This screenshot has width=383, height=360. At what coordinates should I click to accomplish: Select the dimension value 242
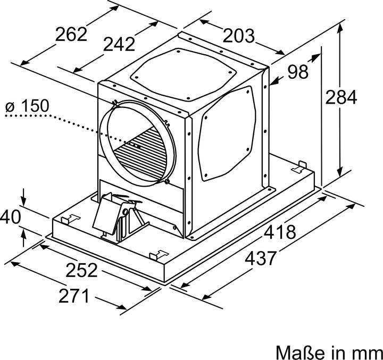(120, 45)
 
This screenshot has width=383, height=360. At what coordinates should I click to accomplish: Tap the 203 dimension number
(238, 36)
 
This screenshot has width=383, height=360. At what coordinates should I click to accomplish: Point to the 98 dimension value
(297, 72)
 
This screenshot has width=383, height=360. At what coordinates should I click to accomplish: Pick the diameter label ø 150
(27, 106)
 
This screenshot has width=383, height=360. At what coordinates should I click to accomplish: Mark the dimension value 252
(81, 270)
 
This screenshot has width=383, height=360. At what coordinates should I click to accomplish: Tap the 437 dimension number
(261, 258)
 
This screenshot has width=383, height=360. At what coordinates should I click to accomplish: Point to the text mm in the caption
(367, 352)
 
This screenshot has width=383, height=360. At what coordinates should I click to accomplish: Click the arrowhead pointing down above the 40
(23, 201)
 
